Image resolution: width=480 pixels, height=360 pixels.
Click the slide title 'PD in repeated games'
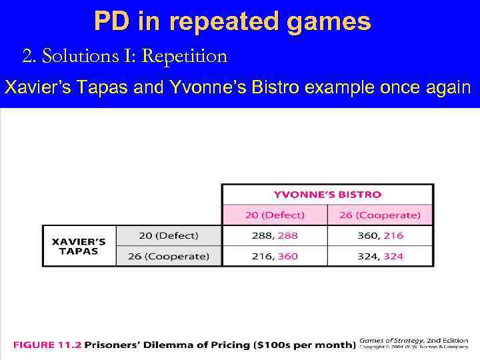point(232,22)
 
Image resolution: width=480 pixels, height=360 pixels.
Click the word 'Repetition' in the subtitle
point(185,56)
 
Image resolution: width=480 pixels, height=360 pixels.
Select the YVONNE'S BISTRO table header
point(327,195)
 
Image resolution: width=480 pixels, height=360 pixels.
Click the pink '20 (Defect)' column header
point(274,215)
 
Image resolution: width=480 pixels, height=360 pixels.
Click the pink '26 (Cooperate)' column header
point(380,215)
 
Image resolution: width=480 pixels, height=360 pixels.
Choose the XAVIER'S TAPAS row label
point(79,246)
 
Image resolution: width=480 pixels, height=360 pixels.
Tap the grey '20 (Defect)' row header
point(169,235)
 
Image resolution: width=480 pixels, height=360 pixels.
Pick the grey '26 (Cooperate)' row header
point(169,256)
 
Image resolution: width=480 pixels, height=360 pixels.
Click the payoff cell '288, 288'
point(274,235)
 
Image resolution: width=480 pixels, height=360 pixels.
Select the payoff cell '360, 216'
point(380,235)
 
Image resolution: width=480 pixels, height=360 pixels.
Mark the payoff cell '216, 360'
point(274,256)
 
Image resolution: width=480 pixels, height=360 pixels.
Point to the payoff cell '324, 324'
point(380,256)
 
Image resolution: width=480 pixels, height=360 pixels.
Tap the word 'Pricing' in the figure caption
point(227,345)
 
